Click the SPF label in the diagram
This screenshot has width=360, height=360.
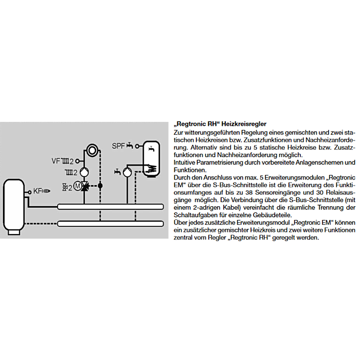(118, 146)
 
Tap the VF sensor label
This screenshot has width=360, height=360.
(56, 160)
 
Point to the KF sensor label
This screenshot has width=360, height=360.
(38, 191)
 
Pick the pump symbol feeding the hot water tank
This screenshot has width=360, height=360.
(130, 172)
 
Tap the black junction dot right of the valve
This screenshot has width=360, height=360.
(101, 185)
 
